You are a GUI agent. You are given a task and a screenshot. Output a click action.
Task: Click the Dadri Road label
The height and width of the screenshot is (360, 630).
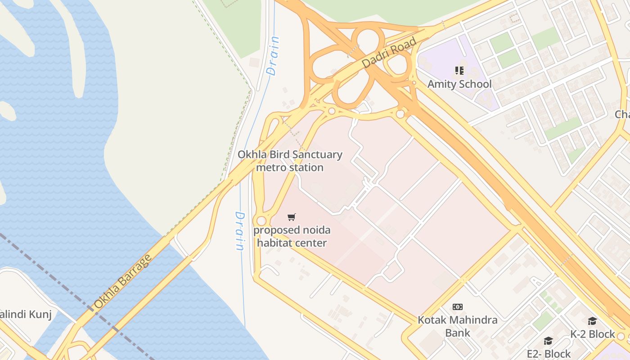(389, 53)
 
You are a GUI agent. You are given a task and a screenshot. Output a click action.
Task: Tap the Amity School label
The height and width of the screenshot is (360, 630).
(459, 84)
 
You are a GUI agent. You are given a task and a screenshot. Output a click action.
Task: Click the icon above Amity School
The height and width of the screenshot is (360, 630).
(459, 70)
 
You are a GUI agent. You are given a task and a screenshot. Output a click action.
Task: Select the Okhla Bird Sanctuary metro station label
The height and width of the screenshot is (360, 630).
(290, 161)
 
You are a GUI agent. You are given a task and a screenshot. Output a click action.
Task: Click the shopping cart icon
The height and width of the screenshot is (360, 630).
(292, 217)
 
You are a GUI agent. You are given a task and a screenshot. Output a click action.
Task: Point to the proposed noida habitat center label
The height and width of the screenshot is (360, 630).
(292, 236)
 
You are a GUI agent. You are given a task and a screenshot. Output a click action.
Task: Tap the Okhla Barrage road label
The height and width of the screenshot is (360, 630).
(123, 282)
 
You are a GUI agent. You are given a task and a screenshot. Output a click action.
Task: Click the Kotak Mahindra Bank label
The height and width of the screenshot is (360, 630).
(458, 326)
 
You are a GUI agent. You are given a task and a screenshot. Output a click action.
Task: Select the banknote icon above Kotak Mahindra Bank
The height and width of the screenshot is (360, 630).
(458, 307)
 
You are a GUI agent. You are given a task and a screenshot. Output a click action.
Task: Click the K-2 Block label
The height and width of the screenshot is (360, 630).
(592, 334)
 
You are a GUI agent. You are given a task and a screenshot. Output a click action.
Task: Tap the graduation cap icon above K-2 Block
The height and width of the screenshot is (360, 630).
(592, 321)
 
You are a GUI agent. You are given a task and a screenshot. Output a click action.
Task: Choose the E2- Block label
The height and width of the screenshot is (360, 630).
(549, 354)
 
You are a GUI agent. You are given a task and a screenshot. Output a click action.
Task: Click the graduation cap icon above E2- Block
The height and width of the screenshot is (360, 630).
(548, 341)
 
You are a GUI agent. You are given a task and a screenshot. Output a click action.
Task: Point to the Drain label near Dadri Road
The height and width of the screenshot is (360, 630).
(273, 56)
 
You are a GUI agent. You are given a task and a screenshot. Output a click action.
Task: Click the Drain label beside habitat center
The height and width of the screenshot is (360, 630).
(240, 231)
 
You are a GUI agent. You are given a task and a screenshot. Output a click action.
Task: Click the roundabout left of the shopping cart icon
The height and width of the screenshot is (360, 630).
(261, 220)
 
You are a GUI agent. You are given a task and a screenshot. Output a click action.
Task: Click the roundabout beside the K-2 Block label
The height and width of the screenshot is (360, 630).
(621, 336)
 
